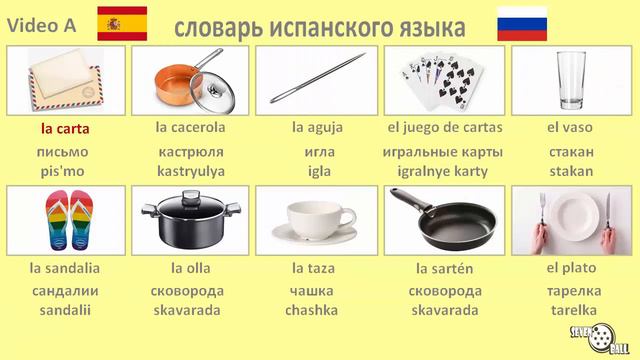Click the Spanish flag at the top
coord(122,23)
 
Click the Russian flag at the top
coord(522,23)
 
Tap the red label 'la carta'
coord(65,128)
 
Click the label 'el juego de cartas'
coord(444,128)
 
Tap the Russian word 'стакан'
coord(571,152)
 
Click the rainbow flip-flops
coord(65,221)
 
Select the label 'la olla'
coord(190,268)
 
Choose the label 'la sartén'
coord(444,268)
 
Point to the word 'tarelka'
coord(571,310)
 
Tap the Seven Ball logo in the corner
coord(600,335)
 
